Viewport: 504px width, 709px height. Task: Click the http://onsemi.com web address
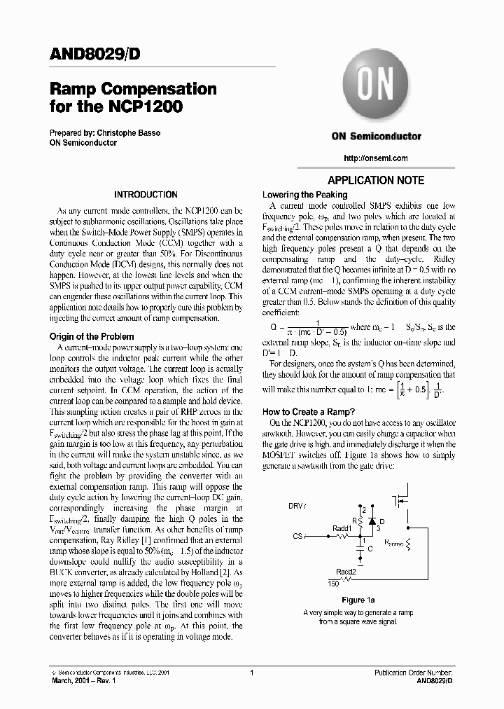click(377, 158)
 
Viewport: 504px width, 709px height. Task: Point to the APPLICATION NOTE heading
click(377, 180)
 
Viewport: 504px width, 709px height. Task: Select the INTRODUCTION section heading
click(146, 195)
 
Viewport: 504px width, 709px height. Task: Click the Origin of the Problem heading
click(90, 336)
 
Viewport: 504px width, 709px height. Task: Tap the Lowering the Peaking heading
click(304, 195)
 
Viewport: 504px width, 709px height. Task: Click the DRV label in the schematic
click(297, 505)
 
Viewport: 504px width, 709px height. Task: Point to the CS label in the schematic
click(297, 536)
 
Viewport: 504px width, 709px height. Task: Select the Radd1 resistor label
click(342, 528)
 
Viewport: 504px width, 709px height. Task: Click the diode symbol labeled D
click(372, 521)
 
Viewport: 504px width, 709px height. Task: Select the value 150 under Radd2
click(334, 583)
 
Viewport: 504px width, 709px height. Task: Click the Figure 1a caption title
click(358, 600)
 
